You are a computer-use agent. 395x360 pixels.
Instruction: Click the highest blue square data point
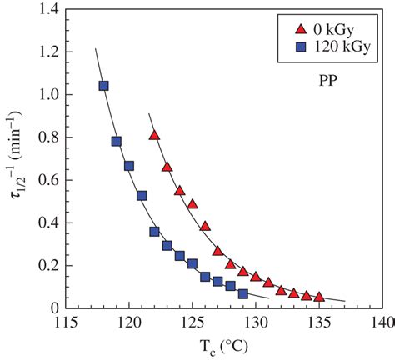[104, 86]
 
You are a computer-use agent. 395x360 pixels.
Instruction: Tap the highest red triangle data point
[154, 135]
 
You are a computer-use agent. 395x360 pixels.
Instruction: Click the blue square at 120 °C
[129, 166]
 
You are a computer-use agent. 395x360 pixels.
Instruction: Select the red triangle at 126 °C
[205, 226]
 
